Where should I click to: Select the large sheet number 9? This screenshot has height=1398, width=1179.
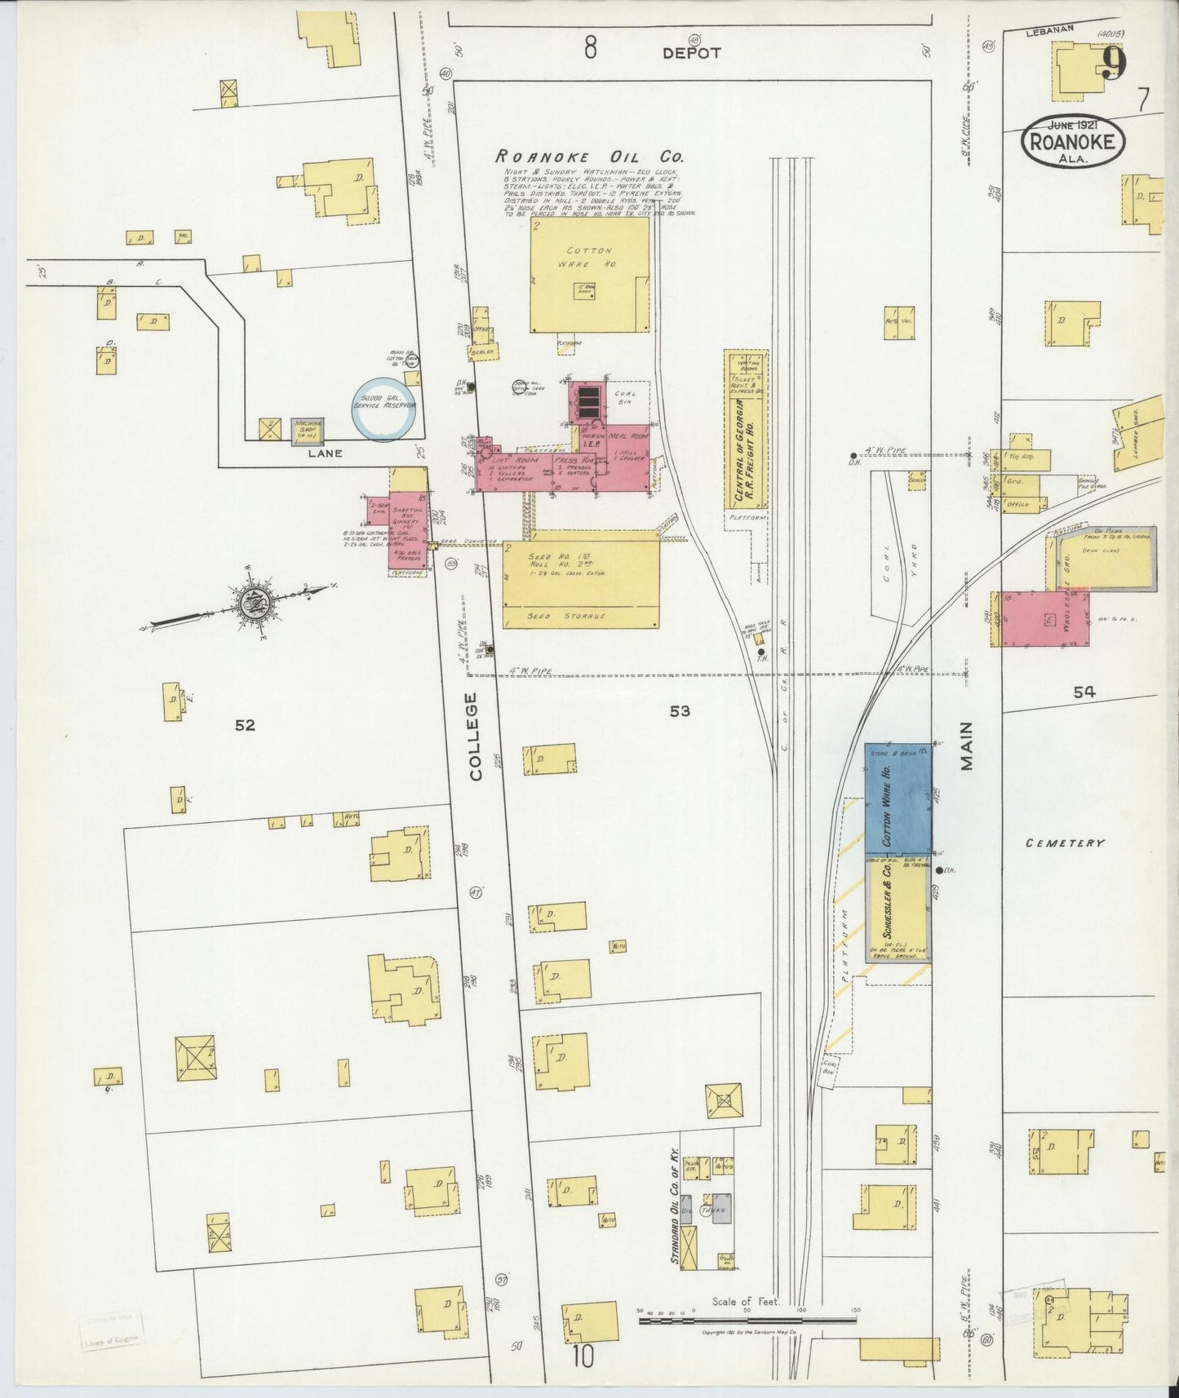pyautogui.click(x=1113, y=64)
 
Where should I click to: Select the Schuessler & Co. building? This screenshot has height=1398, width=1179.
pyautogui.click(x=898, y=909)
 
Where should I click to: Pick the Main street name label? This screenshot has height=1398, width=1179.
pyautogui.click(x=967, y=745)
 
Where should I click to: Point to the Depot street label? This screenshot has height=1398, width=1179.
pyautogui.click(x=691, y=53)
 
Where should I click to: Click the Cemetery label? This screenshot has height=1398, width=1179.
pyautogui.click(x=1065, y=843)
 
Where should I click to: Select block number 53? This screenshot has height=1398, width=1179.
pyautogui.click(x=679, y=711)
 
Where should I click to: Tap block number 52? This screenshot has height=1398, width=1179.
pyautogui.click(x=245, y=724)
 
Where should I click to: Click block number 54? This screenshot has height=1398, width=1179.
pyautogui.click(x=1084, y=692)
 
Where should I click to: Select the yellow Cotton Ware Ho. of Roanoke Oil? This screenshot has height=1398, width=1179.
pyautogui.click(x=590, y=274)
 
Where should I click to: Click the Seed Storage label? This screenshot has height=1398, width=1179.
pyautogui.click(x=579, y=616)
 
